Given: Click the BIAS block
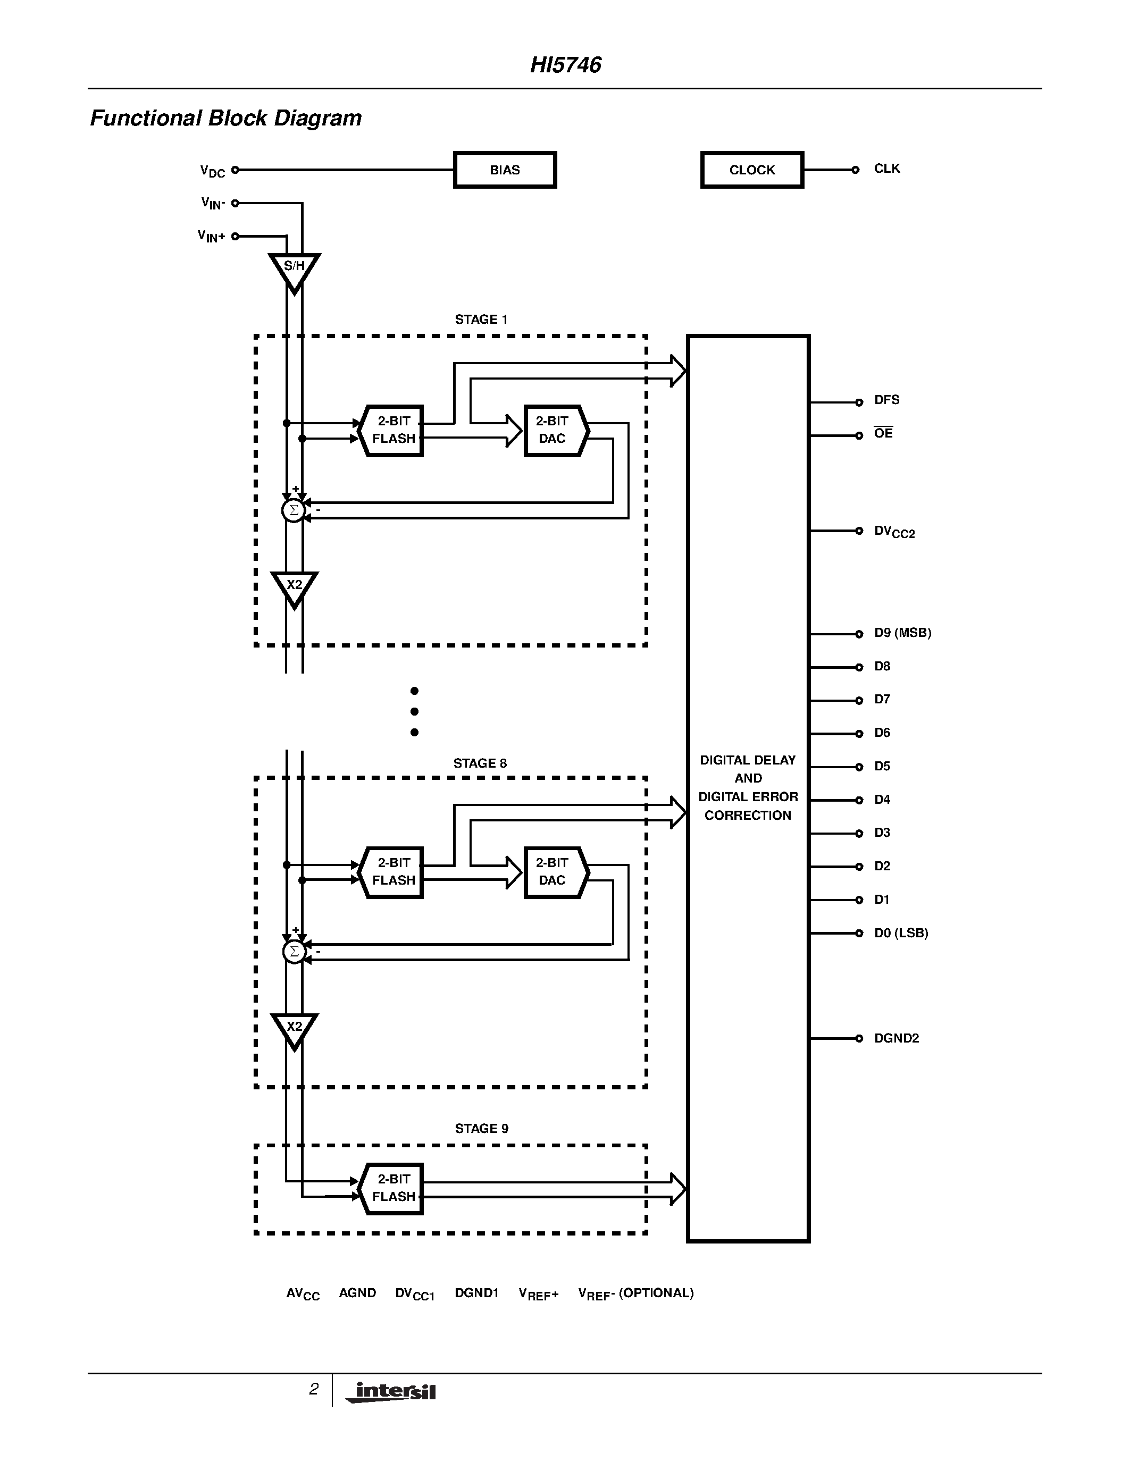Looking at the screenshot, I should point(505,170).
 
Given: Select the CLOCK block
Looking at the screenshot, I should point(752,170).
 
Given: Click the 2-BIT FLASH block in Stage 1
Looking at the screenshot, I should point(393,431).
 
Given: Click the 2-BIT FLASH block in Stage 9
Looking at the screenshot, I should point(393,1188).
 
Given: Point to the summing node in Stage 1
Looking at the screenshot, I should point(293,511).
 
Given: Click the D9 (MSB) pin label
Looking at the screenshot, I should point(902,633).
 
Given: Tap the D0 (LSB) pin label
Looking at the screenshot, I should point(900,932).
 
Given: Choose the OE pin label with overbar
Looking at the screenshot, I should point(883,433).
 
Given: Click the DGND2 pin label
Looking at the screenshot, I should point(897,1038).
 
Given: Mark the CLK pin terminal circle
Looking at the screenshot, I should point(856,170).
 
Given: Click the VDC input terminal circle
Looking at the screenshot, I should point(235,170).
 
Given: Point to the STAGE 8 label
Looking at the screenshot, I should point(480,763).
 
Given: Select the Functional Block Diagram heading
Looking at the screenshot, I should point(225,119).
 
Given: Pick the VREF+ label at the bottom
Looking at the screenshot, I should point(538,1294).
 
